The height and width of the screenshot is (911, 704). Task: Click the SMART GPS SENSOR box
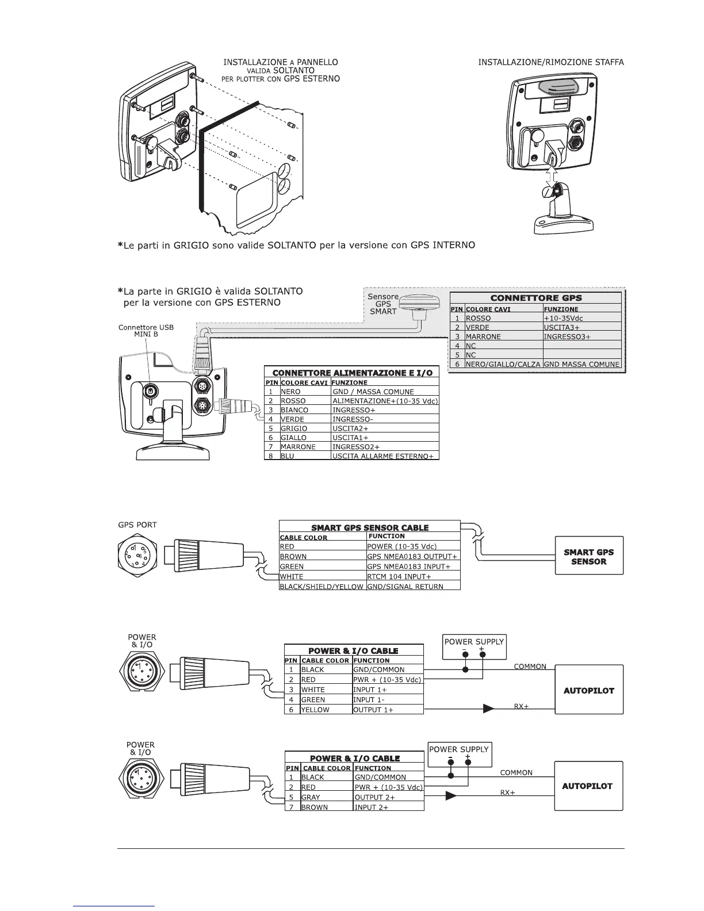[589, 556]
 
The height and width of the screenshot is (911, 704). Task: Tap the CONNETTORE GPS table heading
[535, 298]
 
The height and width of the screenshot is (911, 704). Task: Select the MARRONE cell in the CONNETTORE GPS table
[483, 336]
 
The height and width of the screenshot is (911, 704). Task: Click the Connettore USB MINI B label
[146, 331]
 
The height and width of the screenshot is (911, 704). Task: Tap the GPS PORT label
[137, 525]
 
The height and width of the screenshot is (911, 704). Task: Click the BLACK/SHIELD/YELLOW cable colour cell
[322, 587]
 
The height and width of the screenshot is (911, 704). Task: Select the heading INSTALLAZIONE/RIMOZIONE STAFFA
[551, 62]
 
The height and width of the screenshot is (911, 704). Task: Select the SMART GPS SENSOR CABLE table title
[370, 527]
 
